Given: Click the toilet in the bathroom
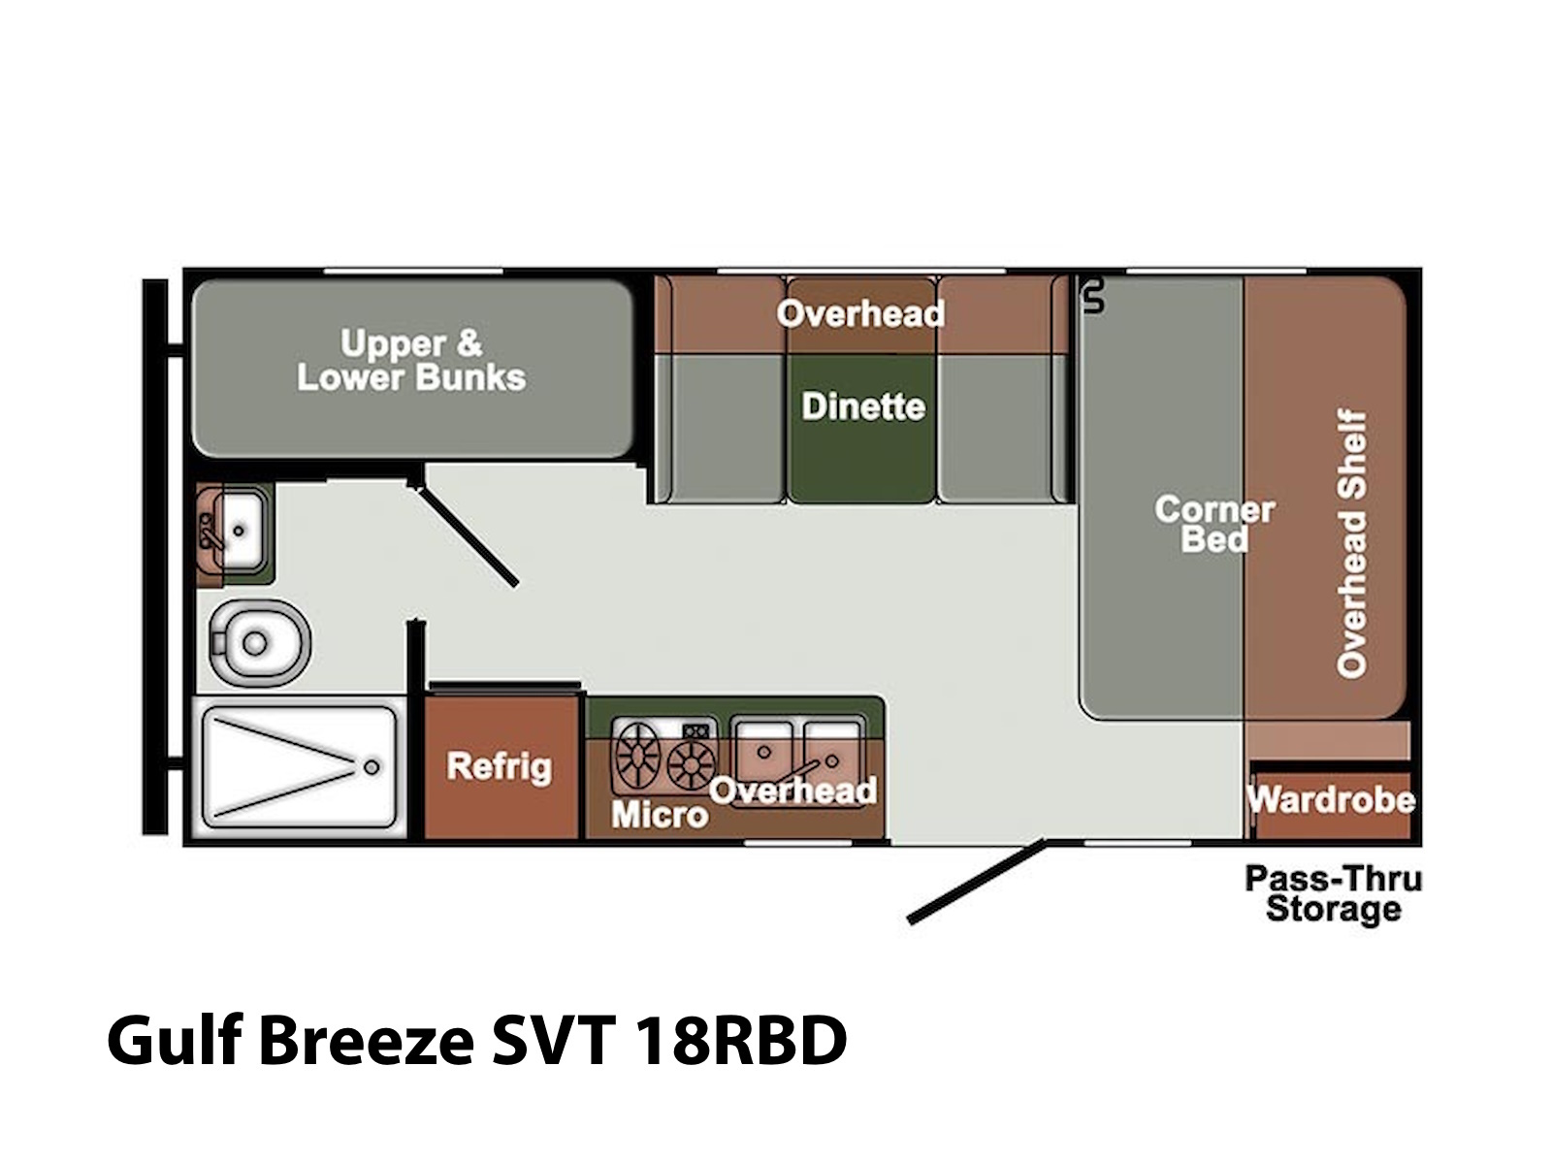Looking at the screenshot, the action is [260, 642].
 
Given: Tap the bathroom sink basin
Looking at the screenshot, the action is [240, 530].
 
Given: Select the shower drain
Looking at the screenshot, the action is [372, 767].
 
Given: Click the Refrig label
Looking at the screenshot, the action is [500, 767].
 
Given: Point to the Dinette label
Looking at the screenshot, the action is [863, 406].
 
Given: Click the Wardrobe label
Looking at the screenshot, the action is [1332, 800].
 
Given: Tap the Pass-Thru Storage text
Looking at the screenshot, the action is [1334, 894].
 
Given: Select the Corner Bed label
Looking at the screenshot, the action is [1214, 525].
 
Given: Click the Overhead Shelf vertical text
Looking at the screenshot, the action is [1352, 543].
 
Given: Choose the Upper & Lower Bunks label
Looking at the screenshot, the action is [411, 361].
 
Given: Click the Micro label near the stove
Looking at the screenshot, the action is [660, 815].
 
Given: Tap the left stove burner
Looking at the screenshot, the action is [637, 756].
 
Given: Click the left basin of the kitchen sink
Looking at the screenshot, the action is [763, 754].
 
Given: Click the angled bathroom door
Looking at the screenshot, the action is [467, 534].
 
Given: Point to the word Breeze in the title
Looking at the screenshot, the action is [367, 1041].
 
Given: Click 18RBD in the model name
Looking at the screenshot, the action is [739, 1041].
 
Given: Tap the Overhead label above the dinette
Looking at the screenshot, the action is [860, 313].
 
